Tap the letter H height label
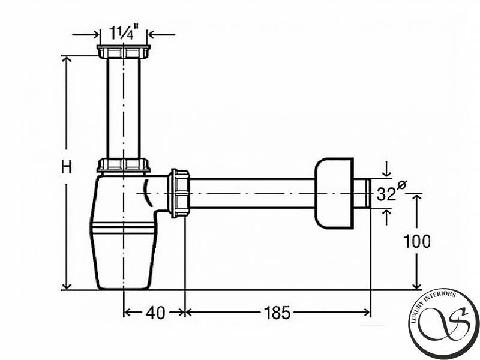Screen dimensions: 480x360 66,167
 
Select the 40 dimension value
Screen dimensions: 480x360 155,313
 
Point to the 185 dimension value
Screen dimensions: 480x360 277,313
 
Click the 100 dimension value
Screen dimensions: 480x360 416,241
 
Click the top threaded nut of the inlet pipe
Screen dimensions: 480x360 124,52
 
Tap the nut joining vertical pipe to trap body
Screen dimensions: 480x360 124,166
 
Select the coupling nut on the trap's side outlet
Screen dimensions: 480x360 179,193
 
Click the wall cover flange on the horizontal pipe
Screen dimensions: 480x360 334,193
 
